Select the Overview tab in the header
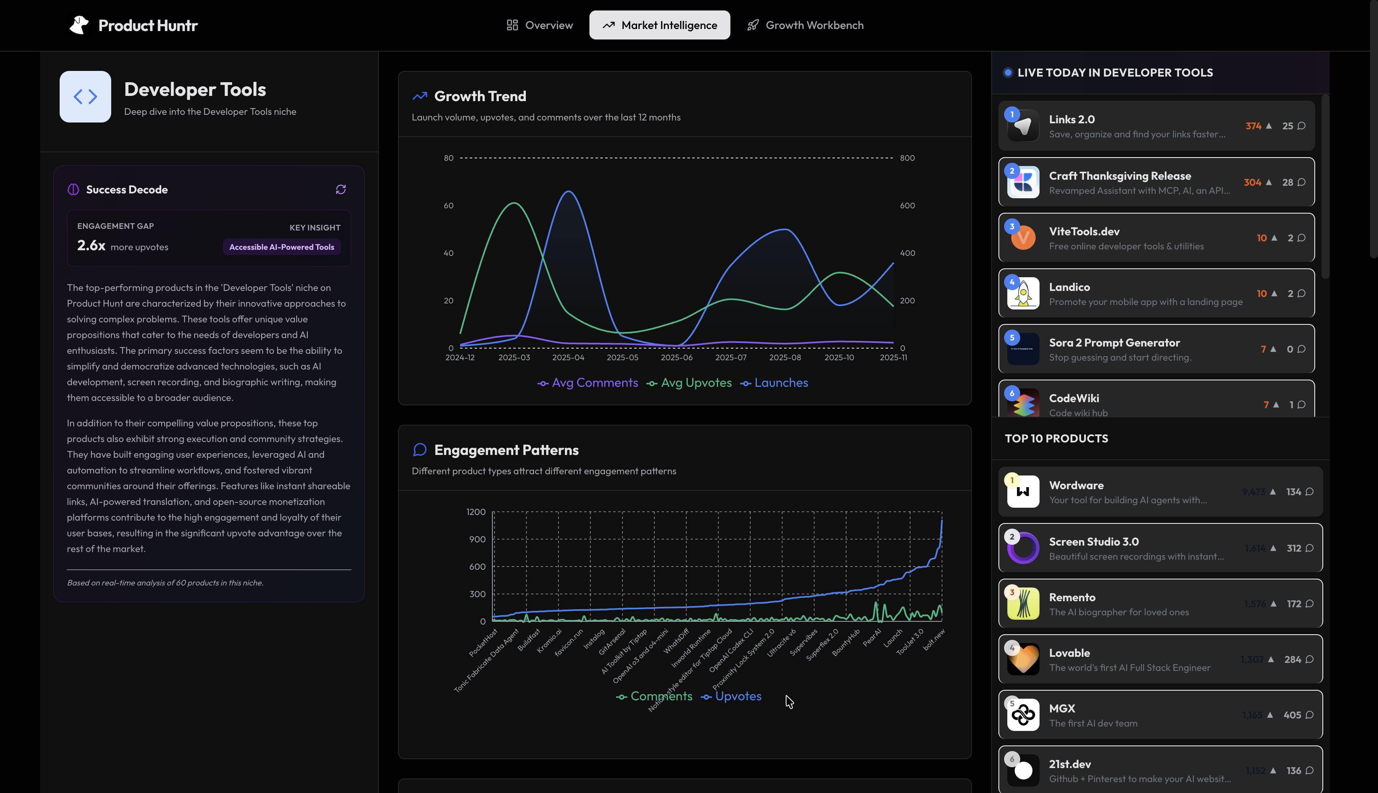[x=540, y=25]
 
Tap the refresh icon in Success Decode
[x=341, y=189]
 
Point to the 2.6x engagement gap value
[x=91, y=246]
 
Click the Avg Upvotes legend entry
[x=689, y=383]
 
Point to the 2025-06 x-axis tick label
[x=676, y=358]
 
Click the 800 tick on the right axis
[x=907, y=158]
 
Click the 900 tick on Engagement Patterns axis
[x=477, y=539]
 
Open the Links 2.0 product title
[x=1071, y=119]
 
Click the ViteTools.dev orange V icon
[x=1023, y=238]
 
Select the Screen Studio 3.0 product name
[x=1093, y=542]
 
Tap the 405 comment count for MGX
[x=1292, y=715]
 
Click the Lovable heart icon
[x=1023, y=660]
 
